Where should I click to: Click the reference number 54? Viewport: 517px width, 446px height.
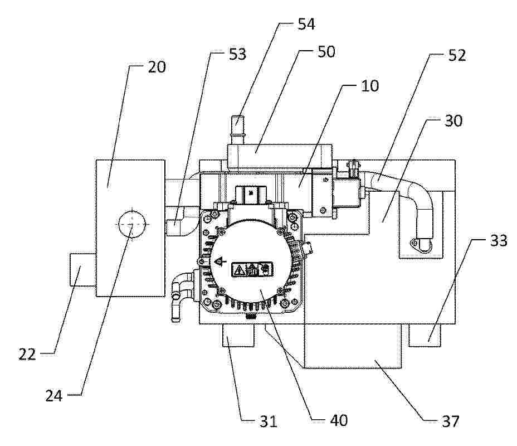point(306,24)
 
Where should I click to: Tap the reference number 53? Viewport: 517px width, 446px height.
point(237,54)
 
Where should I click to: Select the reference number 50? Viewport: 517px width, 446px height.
point(326,51)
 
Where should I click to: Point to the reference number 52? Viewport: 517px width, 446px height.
point(457,55)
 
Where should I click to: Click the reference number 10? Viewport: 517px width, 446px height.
point(370,86)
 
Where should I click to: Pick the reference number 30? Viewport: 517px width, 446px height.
point(453,121)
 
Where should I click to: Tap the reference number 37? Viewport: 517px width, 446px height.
point(450,421)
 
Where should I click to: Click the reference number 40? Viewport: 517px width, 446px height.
point(339,420)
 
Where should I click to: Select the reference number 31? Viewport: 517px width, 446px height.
point(268,421)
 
